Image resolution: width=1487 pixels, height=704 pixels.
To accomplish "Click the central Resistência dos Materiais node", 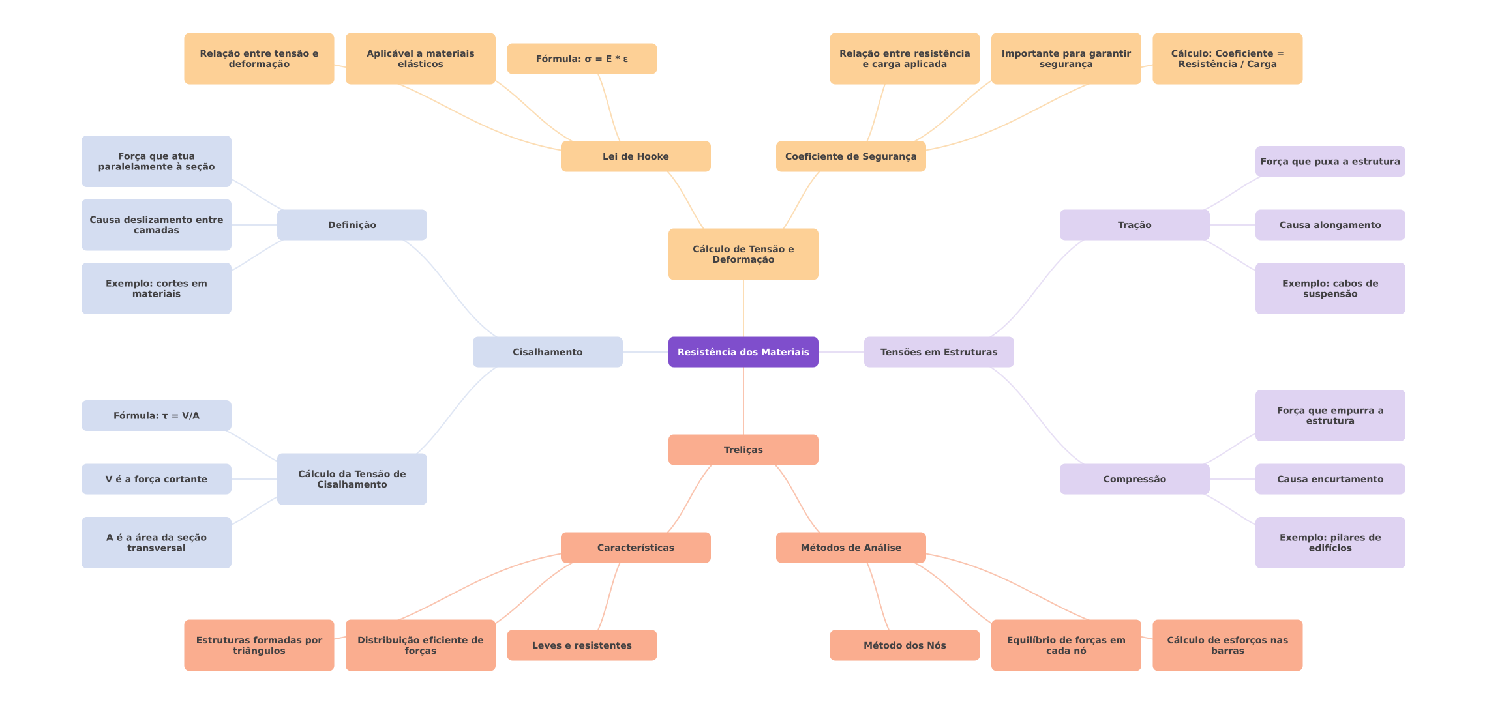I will pos(743,352).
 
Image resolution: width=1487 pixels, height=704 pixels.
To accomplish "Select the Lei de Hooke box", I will pos(635,156).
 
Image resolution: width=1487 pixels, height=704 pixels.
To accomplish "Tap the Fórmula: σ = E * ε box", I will pos(581,59).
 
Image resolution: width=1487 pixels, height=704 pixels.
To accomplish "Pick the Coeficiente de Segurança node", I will pos(850,156).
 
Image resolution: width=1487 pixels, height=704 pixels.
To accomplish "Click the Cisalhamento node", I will pos(547,352).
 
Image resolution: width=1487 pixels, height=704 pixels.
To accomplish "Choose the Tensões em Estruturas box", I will pos(939,352).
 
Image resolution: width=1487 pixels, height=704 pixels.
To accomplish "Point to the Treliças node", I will pos(743,450).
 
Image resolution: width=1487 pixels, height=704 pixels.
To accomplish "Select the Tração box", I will pos(1134,225).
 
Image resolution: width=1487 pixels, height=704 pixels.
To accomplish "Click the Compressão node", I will pos(1134,479).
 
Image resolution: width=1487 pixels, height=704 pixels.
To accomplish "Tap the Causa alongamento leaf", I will pos(1330,225).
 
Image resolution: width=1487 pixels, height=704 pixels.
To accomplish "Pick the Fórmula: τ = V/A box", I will pos(156,415).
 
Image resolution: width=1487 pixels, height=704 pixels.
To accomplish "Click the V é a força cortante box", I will pos(156,479).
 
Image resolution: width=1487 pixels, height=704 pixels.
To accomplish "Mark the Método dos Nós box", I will pos(904,645).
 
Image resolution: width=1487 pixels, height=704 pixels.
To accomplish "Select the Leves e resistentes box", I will pos(581,645).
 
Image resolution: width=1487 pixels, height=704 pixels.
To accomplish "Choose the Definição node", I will pos(352,225).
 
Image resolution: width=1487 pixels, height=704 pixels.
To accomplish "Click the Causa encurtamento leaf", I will pos(1330,479).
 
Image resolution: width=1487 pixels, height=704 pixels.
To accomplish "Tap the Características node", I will pos(635,548).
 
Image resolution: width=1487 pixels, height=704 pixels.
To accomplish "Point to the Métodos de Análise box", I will pos(850,548).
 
